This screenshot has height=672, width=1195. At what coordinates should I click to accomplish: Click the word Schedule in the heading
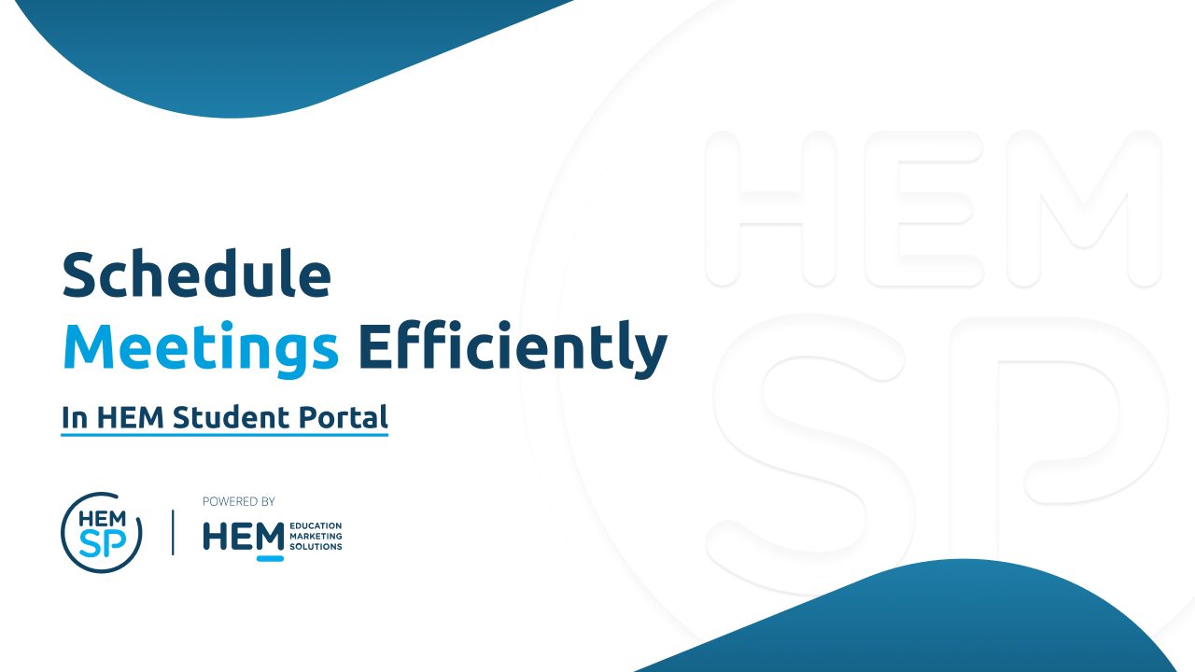(x=196, y=274)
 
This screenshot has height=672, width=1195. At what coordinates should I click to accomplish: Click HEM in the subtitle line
(x=130, y=417)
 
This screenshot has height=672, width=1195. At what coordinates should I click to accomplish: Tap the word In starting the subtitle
(x=75, y=417)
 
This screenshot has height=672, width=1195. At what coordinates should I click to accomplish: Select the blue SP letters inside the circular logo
(x=103, y=543)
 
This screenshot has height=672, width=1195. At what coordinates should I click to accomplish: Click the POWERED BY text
(x=238, y=501)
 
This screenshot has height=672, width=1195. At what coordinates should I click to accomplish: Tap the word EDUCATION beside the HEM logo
(x=316, y=525)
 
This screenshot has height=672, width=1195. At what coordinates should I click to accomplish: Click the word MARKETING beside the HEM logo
(x=316, y=536)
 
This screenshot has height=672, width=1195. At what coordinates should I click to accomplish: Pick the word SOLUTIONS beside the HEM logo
(x=316, y=547)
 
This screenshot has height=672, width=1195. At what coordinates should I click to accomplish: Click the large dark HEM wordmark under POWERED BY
(x=244, y=537)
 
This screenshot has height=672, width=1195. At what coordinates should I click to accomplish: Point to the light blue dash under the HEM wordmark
(x=270, y=558)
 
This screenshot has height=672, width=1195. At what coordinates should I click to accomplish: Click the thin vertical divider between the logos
(x=173, y=532)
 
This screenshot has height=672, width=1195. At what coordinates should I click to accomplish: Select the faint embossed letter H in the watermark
(x=770, y=208)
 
